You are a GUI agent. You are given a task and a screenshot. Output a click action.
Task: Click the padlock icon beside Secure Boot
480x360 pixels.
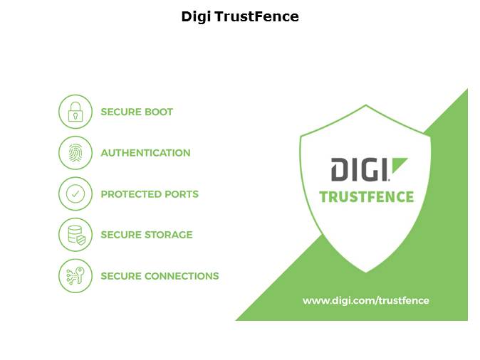pyautogui.click(x=75, y=112)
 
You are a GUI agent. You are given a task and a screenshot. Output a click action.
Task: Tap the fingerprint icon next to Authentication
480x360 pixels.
pyautogui.click(x=75, y=153)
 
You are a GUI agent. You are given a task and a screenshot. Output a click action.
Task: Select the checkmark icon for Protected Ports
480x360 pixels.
pyautogui.click(x=75, y=194)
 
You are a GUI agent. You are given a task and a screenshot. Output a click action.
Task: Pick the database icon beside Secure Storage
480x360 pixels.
pyautogui.click(x=76, y=235)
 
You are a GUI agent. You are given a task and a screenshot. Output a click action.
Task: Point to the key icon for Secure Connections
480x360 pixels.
pyautogui.click(x=75, y=276)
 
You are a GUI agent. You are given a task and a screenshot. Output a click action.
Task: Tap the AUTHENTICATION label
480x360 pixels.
pyautogui.click(x=146, y=153)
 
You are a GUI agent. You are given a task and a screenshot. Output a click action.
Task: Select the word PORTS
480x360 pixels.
pyautogui.click(x=182, y=194)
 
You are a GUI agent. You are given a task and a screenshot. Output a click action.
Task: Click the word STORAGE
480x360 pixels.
pyautogui.click(x=168, y=235)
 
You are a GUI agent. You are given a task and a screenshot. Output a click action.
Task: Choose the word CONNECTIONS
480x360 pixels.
pyautogui.click(x=182, y=276)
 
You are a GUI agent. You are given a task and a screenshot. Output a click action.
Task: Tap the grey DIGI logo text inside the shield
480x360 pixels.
pyautogui.click(x=360, y=169)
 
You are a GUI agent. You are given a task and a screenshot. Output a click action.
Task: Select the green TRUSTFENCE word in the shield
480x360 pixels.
pyautogui.click(x=367, y=196)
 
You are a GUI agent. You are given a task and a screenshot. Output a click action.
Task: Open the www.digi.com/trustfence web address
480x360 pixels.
pyautogui.click(x=366, y=301)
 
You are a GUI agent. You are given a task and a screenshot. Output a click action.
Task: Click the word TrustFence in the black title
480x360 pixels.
pyautogui.click(x=256, y=16)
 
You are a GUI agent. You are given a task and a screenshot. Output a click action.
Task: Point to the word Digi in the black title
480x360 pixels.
pyautogui.click(x=196, y=17)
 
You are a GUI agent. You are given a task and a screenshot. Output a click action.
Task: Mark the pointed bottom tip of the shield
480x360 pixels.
pyautogui.click(x=366, y=272)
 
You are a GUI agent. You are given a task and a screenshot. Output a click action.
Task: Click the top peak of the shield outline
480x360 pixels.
pyautogui.click(x=366, y=105)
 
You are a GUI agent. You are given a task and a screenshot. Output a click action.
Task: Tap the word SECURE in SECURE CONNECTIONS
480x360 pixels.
pyautogui.click(x=120, y=276)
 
